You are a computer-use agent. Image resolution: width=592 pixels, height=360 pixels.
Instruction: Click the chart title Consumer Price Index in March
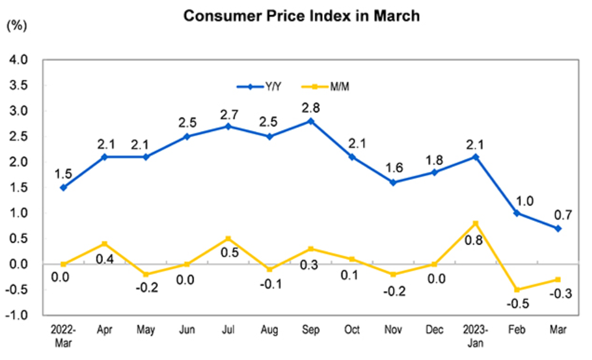302,16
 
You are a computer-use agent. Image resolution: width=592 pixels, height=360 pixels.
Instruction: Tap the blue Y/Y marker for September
311,121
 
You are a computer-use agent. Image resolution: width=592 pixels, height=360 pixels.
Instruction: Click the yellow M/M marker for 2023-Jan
475,223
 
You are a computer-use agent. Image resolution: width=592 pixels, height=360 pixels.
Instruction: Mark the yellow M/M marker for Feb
516,289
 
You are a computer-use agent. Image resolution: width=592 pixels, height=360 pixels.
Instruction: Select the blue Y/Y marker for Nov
393,182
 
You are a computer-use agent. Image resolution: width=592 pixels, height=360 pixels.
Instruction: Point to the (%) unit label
16,26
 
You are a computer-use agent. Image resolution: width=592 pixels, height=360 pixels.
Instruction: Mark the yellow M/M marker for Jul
228,238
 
